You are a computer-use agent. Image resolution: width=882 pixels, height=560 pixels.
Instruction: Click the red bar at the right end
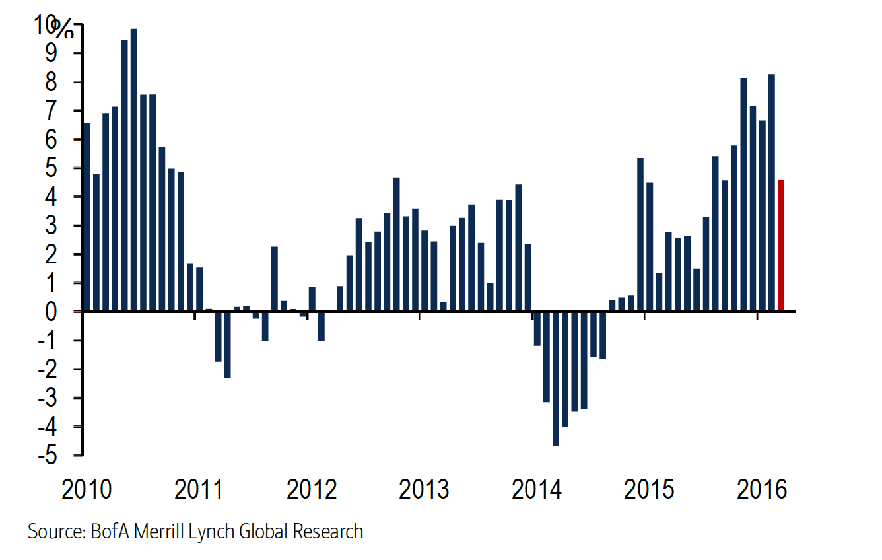(780, 245)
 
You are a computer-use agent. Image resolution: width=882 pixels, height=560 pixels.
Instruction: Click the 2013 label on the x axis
(424, 491)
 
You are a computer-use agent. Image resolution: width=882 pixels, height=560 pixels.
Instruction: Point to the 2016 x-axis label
(762, 491)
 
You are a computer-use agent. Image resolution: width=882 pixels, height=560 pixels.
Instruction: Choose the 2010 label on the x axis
(86, 491)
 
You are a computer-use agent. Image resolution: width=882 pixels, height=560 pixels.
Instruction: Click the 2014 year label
(537, 491)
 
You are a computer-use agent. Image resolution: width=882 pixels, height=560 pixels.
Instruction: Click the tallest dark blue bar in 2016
(771, 192)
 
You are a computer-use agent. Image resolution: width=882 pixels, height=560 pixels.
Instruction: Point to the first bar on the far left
(86, 217)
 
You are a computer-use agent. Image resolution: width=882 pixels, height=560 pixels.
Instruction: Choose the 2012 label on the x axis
(312, 491)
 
